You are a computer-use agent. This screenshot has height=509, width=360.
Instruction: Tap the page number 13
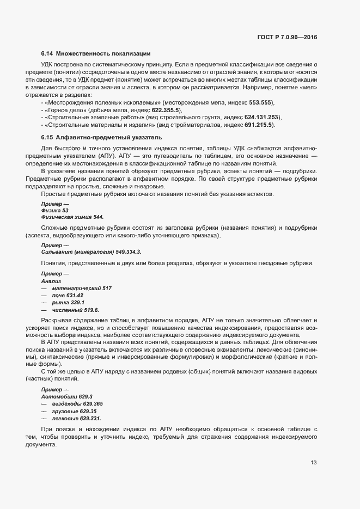point(314,463)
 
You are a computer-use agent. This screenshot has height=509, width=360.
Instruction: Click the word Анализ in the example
point(51,281)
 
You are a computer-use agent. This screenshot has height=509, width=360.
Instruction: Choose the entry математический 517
point(81,288)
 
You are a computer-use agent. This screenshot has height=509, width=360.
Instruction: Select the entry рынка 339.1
point(68,302)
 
